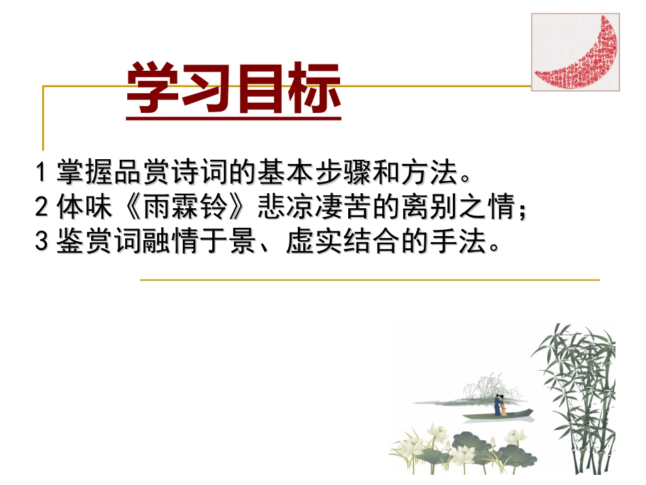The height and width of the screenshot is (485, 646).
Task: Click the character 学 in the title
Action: [x=154, y=88]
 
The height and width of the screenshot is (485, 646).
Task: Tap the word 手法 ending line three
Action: [x=458, y=242]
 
